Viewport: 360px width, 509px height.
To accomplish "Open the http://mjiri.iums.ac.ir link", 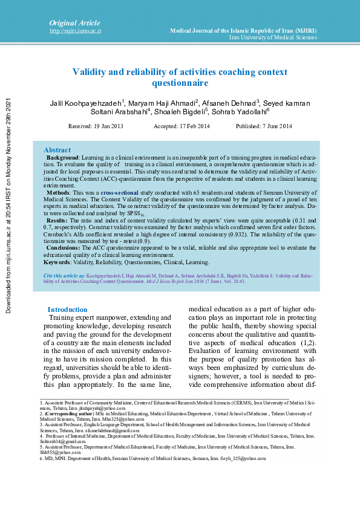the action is [x=75, y=30].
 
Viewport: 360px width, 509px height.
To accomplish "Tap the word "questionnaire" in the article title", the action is [x=180, y=83].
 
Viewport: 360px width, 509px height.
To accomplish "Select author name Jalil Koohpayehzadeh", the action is [x=87, y=103].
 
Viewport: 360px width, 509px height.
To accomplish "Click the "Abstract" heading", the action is [x=57, y=150].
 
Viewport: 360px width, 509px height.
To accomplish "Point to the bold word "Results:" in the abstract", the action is [x=57, y=221].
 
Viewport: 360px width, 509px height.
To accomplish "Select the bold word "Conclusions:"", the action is [x=63, y=247].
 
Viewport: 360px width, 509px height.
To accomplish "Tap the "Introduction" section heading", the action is [x=67, y=310].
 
